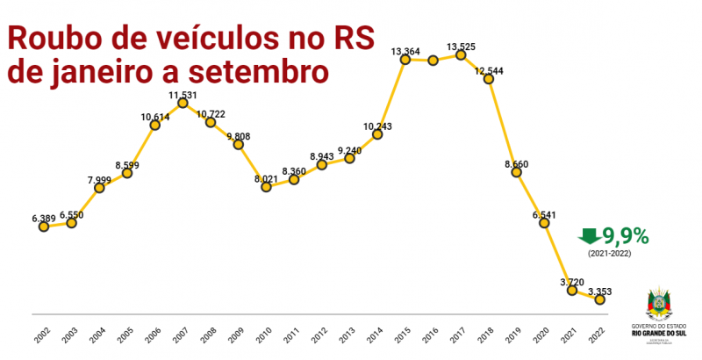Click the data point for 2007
183,103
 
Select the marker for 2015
405,59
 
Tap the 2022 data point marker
600,299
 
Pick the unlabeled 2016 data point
433,61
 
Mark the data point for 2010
266,185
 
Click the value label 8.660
521,163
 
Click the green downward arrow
590,235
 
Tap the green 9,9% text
626,235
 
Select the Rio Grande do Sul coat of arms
661,302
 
